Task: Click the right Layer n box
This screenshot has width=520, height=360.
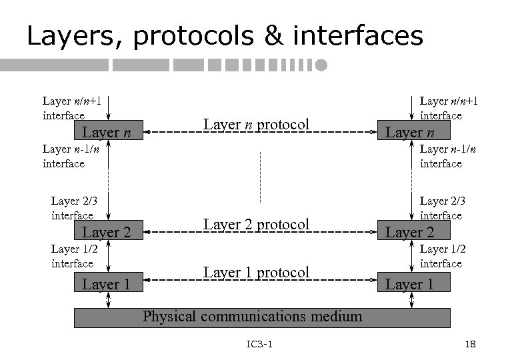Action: coord(411,132)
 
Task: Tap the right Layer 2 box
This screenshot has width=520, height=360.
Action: coord(411,232)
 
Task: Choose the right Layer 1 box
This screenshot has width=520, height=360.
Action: coord(411,285)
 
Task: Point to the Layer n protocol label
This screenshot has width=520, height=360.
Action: coord(257,125)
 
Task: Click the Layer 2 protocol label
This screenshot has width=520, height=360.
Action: coord(257,225)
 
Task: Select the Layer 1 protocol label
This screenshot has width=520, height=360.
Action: coord(257,272)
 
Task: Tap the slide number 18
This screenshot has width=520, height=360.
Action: coord(469,344)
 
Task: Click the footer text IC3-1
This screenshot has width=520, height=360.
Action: coord(259,344)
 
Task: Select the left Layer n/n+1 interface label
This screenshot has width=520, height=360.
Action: coord(72,108)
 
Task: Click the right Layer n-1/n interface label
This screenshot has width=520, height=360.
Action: coord(441,157)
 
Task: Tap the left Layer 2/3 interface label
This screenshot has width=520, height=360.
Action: coord(73,208)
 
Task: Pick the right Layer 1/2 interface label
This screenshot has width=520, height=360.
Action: coord(442,256)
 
